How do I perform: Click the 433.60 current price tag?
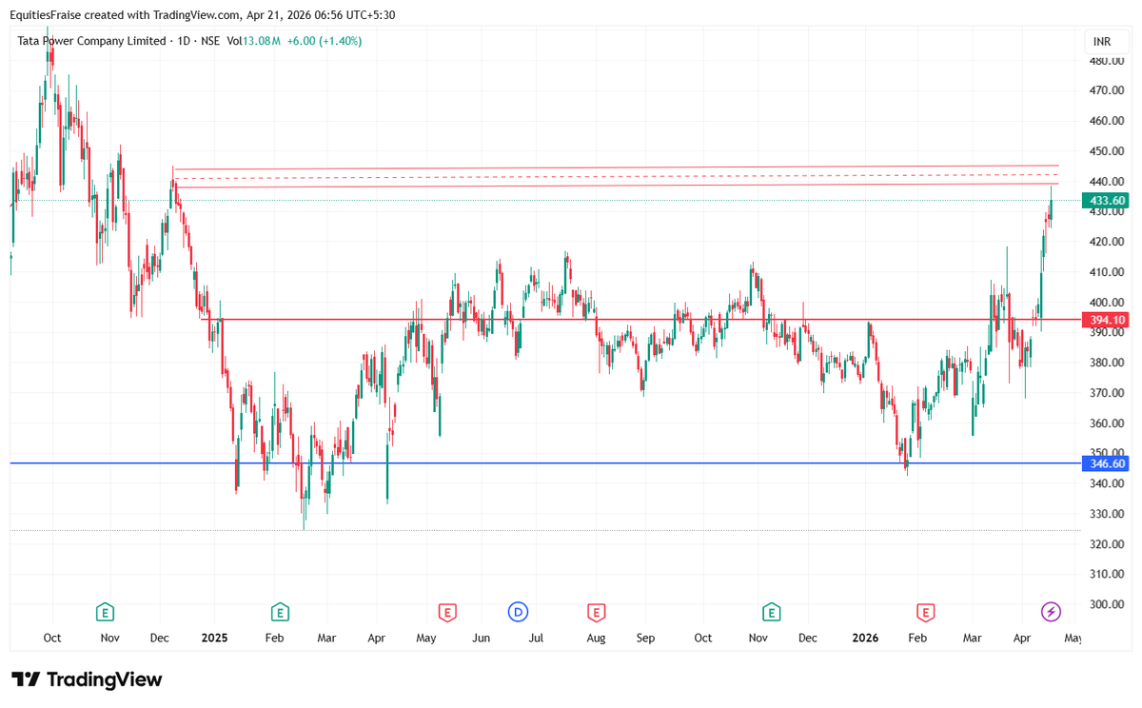click(1106, 200)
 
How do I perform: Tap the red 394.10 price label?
click(1106, 320)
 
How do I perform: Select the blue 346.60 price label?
click(1106, 463)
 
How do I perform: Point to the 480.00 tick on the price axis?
click(1106, 60)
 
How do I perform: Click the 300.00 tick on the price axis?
click(1106, 604)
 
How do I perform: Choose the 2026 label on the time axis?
click(865, 638)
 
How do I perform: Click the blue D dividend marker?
click(518, 611)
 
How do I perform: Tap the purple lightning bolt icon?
click(1051, 611)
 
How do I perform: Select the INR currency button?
click(1102, 42)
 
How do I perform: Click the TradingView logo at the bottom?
click(88, 679)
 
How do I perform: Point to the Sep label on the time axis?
click(646, 638)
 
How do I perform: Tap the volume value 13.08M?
click(262, 41)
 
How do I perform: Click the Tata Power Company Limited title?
click(91, 41)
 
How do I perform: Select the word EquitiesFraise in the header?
click(48, 14)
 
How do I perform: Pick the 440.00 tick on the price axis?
click(1106, 181)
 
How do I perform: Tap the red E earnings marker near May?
click(446, 611)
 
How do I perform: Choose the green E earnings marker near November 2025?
click(771, 611)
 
